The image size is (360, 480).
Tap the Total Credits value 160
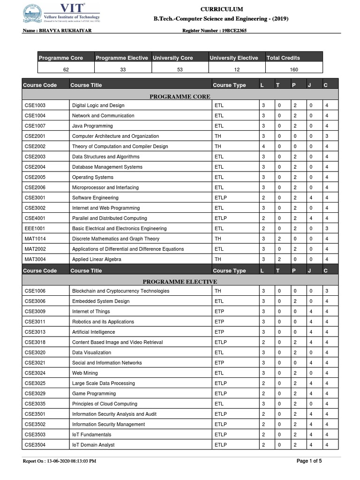pos(294,69)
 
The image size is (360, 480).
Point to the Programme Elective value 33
pos(122,69)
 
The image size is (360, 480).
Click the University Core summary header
pos(173,58)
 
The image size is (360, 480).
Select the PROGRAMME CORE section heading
pos(180,96)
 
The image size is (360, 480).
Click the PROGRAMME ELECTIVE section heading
pos(180,281)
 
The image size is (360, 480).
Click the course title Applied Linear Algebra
pos(97,259)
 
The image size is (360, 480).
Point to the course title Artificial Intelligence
pos(93,332)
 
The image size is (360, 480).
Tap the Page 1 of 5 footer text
pos(309,461)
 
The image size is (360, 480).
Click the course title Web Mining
pos(85,373)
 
